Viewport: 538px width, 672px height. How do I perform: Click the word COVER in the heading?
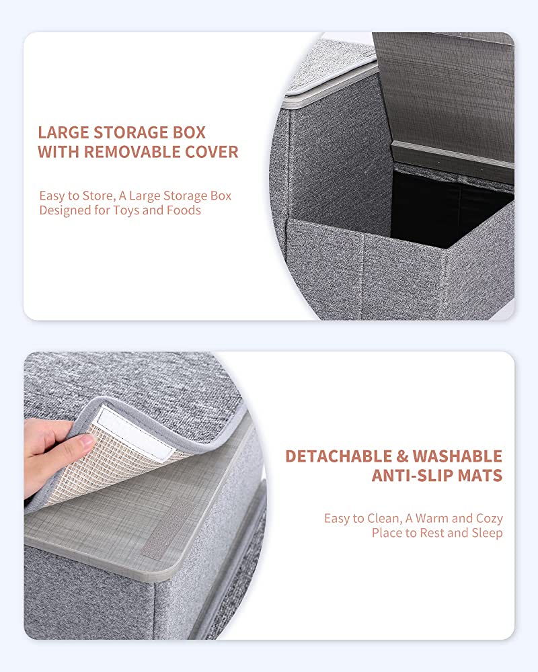(x=211, y=152)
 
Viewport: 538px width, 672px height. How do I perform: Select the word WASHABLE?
(x=457, y=456)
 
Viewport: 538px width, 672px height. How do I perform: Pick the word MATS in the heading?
(x=480, y=476)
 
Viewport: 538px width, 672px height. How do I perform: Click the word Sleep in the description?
(x=487, y=533)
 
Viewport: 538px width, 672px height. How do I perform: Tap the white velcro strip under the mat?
(x=134, y=431)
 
